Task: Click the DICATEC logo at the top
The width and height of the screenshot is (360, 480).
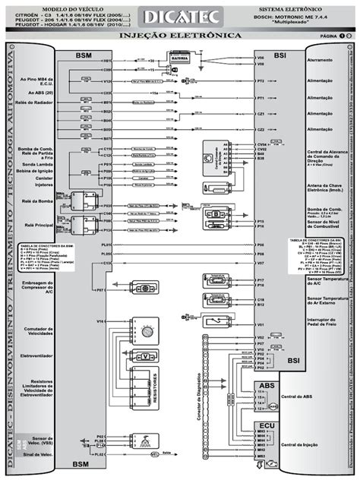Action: (x=180, y=17)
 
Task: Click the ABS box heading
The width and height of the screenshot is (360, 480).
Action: (x=267, y=387)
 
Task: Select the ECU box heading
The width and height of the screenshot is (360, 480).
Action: (x=267, y=426)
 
